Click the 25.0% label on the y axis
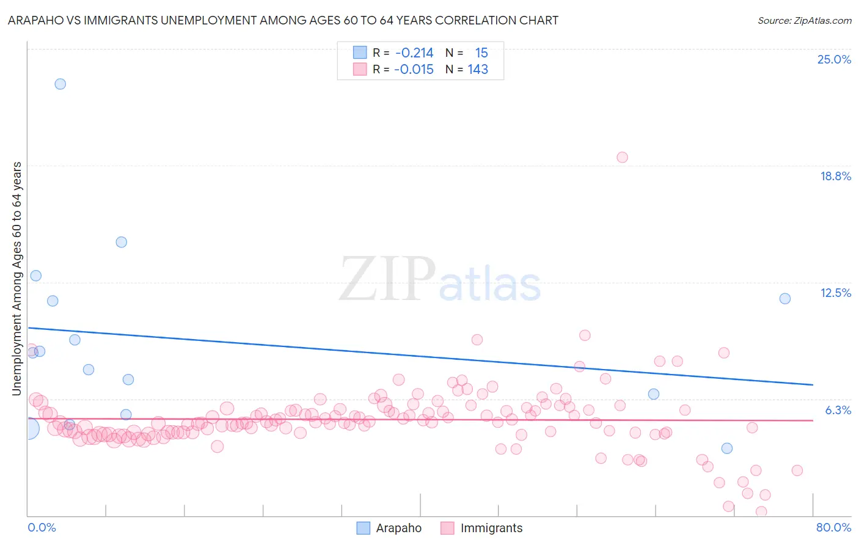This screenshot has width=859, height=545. click(x=833, y=59)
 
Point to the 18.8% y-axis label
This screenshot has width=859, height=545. click(x=835, y=176)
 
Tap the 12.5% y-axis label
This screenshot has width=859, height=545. click(x=835, y=293)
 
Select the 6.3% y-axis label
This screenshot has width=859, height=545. click(x=838, y=410)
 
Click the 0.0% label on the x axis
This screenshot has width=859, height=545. click(x=42, y=527)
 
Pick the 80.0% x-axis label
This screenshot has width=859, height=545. click(x=833, y=527)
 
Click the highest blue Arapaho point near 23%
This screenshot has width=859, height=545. click(x=60, y=84)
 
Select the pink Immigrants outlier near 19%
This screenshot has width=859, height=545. click(x=622, y=157)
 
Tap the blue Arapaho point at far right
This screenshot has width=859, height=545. click(x=785, y=299)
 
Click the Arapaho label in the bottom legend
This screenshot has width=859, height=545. click(x=398, y=529)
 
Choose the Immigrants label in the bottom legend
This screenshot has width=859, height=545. click(x=491, y=529)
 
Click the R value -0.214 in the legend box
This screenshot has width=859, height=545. click(x=414, y=53)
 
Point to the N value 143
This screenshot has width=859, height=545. click(x=478, y=70)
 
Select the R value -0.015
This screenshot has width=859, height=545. click(x=414, y=70)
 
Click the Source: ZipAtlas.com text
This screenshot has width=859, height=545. click(x=804, y=20)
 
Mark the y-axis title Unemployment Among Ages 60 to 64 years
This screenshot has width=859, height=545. click(x=16, y=279)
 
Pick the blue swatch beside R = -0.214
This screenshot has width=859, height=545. click(x=360, y=53)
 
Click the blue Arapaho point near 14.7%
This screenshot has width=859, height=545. click(x=121, y=242)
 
